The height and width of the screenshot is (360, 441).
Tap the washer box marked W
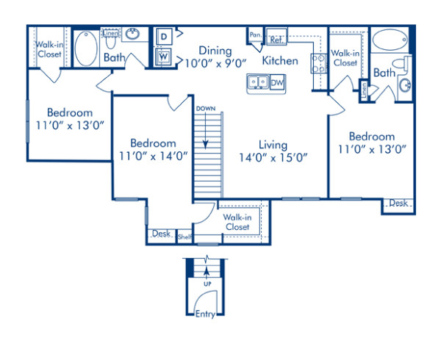pyautogui.click(x=163, y=55)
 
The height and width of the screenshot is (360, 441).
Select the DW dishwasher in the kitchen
pyautogui.click(x=277, y=83)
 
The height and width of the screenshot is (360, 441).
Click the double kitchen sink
pyautogui.click(x=257, y=83)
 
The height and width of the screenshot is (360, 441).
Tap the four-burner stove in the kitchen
pyautogui.click(x=320, y=63)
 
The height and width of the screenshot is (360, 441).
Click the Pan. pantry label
pyautogui.click(x=255, y=35)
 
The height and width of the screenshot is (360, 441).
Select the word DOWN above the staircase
pyautogui.click(x=206, y=109)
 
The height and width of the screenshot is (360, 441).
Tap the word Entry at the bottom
pyautogui.click(x=206, y=314)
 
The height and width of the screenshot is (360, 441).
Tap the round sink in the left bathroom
pyautogui.click(x=134, y=35)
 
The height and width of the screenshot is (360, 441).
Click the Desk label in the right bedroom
pyautogui.click(x=398, y=204)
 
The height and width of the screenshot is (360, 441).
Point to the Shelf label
pyautogui.click(x=184, y=237)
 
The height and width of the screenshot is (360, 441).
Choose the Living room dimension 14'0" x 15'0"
pyautogui.click(x=273, y=156)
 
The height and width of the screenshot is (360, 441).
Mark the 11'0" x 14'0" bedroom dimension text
pyautogui.click(x=153, y=155)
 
